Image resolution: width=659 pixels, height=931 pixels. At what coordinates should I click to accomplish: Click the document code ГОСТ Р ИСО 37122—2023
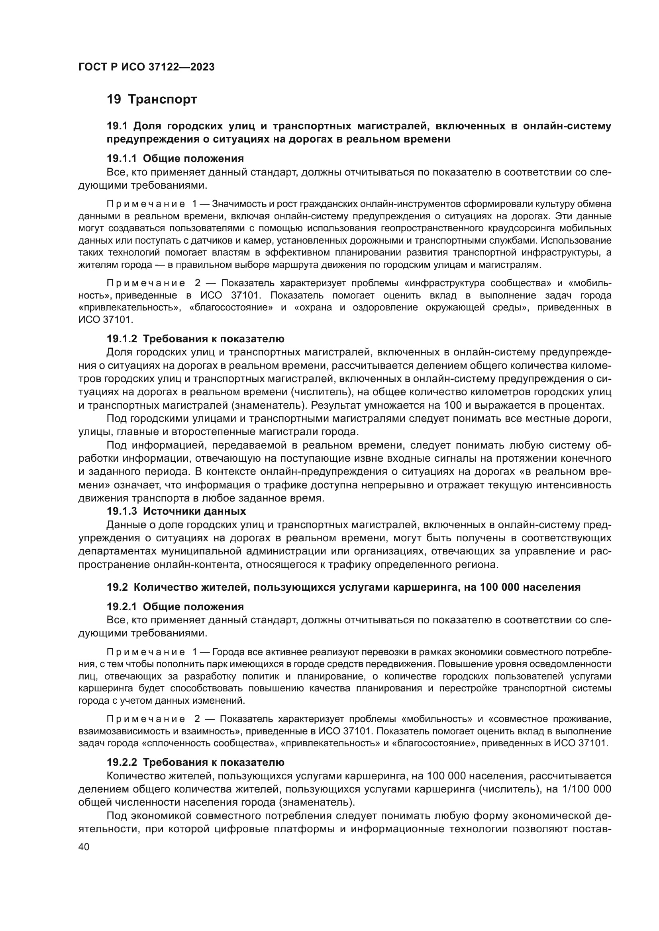146,67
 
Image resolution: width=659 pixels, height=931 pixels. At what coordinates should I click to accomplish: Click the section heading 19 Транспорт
152,100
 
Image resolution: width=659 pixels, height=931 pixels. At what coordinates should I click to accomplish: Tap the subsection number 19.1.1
122,158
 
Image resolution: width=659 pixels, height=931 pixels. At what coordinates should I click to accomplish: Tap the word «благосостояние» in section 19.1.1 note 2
231,307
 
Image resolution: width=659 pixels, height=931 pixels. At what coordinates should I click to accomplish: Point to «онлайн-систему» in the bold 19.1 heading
567,126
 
